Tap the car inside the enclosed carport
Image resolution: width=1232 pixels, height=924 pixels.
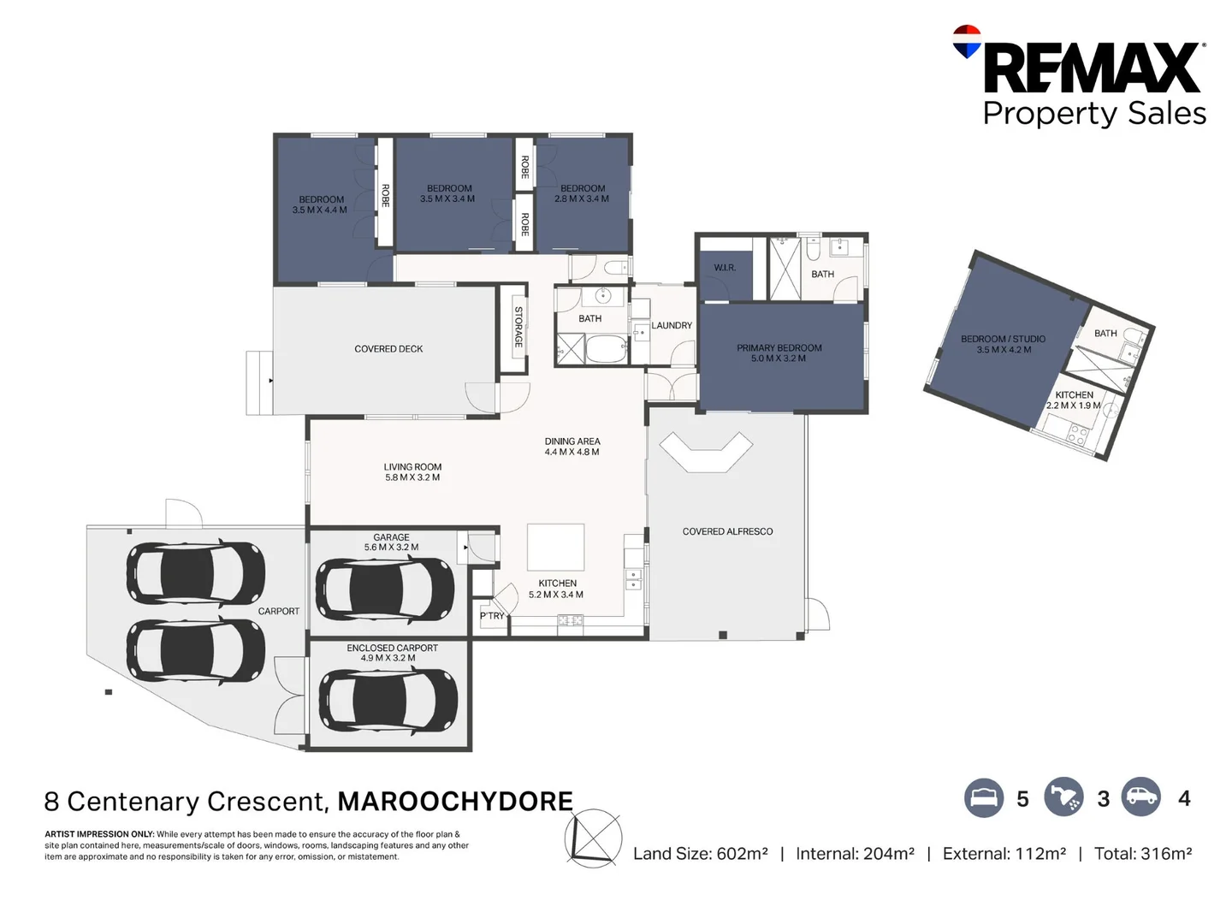(388, 698)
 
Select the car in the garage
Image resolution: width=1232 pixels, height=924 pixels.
(385, 589)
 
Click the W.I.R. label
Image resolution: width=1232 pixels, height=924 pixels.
(725, 268)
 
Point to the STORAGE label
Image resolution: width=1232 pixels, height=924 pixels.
(518, 327)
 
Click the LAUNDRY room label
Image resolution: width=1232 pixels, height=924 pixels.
(672, 325)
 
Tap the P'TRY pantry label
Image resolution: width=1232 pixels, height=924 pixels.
(492, 616)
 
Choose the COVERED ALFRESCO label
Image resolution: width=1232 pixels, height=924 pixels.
(727, 531)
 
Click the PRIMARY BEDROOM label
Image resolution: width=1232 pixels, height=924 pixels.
(779, 348)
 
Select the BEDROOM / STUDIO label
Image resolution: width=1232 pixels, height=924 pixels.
(1003, 339)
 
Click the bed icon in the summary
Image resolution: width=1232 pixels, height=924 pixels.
(984, 798)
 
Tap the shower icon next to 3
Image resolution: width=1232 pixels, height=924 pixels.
(1063, 798)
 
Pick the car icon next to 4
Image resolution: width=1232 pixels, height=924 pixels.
(1141, 798)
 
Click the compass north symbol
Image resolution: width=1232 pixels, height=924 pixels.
(593, 838)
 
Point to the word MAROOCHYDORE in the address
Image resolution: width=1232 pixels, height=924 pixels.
(455, 802)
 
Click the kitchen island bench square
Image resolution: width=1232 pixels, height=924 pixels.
(555, 548)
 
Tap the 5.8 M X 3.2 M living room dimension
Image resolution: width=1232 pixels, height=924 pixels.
(412, 477)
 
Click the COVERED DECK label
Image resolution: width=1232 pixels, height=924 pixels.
(388, 349)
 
